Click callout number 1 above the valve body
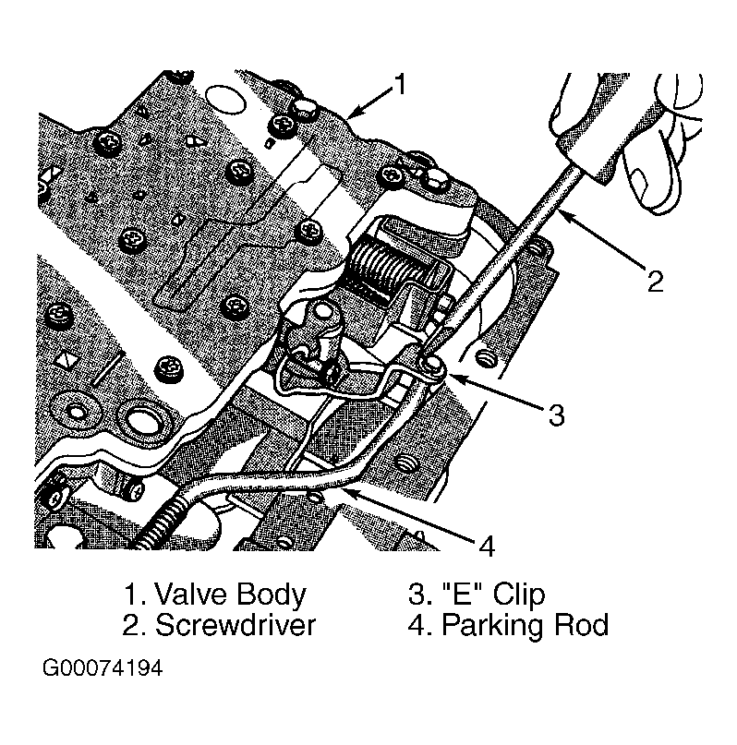pyautogui.click(x=401, y=85)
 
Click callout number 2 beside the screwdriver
pyautogui.click(x=655, y=281)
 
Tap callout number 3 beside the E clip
pyautogui.click(x=556, y=415)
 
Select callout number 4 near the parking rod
pyautogui.click(x=487, y=546)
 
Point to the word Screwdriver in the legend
pyautogui.click(x=236, y=624)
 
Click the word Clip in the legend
pyautogui.click(x=519, y=595)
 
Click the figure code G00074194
pyautogui.click(x=103, y=667)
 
